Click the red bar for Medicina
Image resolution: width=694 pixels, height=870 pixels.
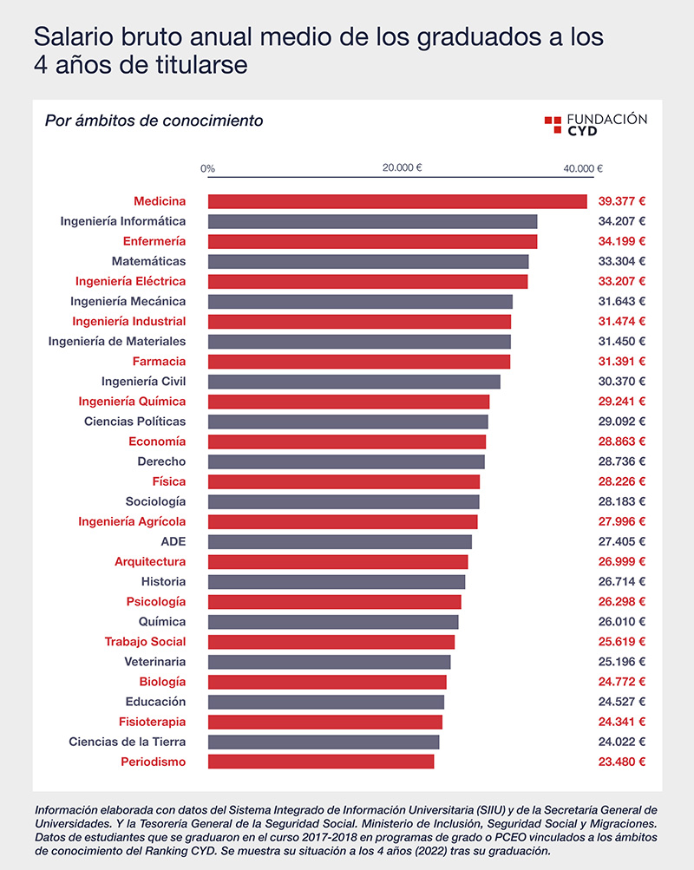point(397,201)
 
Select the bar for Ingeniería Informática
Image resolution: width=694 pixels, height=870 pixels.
point(372,221)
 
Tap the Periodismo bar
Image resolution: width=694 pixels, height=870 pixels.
point(321,762)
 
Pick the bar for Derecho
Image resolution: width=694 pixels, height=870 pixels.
point(346,461)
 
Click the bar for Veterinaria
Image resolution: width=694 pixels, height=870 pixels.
point(329,662)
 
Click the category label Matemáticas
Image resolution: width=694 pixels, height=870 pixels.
point(148,261)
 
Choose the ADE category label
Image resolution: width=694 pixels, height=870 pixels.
point(173,542)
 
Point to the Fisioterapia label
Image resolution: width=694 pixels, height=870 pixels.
point(152,722)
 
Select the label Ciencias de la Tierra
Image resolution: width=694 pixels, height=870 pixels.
point(127,742)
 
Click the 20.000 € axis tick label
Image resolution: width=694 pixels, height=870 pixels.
point(403,168)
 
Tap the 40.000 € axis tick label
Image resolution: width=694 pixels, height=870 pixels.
point(583,168)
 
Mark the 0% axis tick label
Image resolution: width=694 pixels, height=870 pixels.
point(208,168)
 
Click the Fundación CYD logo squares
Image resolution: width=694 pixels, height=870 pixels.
point(553,124)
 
